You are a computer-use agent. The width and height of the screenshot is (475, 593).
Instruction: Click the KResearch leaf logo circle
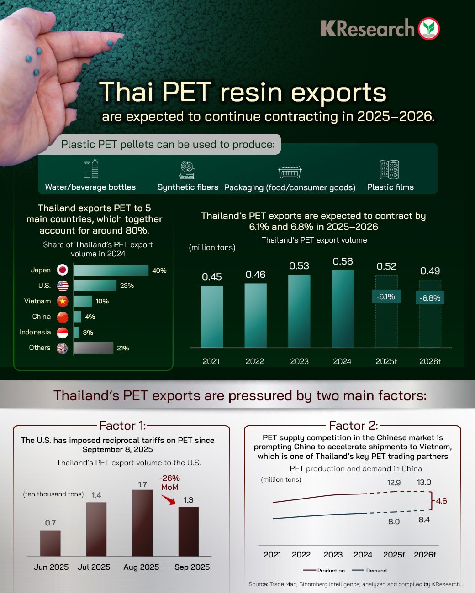[x=428, y=28]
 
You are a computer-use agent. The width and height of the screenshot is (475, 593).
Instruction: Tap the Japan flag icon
[x=63, y=270]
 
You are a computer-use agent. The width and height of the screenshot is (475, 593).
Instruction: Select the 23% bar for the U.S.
[x=95, y=286]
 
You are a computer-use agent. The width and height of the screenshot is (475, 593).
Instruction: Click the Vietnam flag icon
[x=63, y=301]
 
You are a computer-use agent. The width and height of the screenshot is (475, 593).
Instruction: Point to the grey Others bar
[x=93, y=348]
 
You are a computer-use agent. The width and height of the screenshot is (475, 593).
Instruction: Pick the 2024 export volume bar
[x=343, y=309]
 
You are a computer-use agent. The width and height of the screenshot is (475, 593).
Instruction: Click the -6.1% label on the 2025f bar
[x=386, y=296]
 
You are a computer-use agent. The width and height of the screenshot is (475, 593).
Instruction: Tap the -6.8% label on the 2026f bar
[x=431, y=298]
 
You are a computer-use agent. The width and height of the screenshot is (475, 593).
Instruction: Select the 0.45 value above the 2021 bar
[x=212, y=277]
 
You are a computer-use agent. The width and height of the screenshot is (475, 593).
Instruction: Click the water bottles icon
[x=91, y=169]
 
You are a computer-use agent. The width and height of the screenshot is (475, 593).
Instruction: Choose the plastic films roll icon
[x=389, y=169]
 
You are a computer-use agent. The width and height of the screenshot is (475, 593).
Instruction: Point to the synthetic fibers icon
[x=187, y=170]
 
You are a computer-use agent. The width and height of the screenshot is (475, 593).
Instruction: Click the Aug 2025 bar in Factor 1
[x=142, y=523]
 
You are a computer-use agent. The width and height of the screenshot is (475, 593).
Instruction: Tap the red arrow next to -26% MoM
[x=169, y=500]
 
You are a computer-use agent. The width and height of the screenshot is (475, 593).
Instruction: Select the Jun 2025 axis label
[x=51, y=567]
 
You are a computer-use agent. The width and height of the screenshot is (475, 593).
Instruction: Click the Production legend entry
[x=324, y=571]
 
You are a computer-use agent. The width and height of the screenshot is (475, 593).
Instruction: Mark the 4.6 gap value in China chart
[x=442, y=501]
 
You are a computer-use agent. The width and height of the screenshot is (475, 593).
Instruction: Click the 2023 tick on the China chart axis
[x=333, y=555]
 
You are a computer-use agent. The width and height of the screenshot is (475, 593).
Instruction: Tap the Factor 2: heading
[x=354, y=426]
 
